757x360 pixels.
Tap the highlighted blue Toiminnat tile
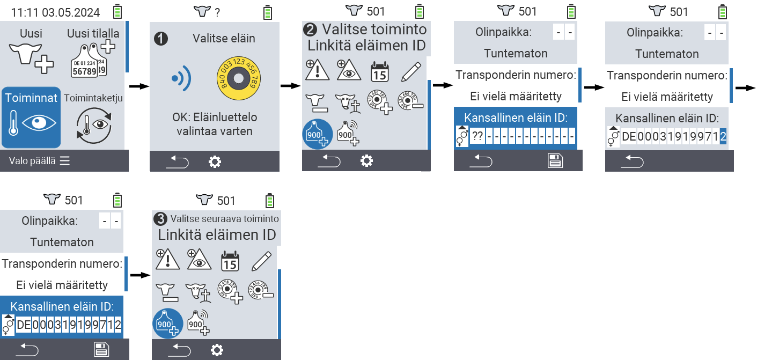coord(31,117)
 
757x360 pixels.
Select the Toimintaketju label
coord(93,98)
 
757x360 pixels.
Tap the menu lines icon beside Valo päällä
coord(65,161)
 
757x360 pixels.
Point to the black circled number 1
coord(160,38)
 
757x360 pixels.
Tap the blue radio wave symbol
coord(181,78)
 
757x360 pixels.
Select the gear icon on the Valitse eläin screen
coord(215,161)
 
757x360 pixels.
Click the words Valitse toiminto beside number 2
coord(374,29)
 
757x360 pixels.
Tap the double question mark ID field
coord(477,136)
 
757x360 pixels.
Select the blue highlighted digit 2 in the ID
coord(723,136)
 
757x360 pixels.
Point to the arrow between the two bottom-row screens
coord(139,275)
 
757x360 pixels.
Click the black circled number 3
coord(160,219)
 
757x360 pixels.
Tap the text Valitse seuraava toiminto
coord(224,219)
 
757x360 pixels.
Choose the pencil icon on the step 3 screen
coord(261,261)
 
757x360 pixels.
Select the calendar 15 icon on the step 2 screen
coord(380,71)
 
